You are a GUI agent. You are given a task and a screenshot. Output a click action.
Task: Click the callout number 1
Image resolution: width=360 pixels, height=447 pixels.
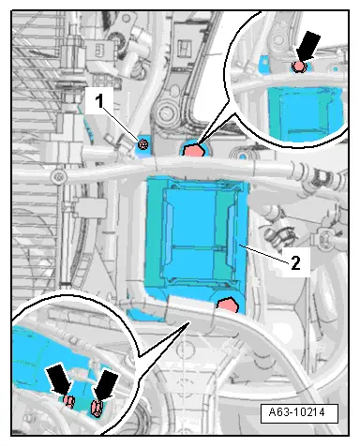point(99,101)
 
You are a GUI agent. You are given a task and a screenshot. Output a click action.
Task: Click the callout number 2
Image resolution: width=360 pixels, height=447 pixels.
point(295,262)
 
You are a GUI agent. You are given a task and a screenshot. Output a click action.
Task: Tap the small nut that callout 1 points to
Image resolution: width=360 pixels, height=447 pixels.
point(142,144)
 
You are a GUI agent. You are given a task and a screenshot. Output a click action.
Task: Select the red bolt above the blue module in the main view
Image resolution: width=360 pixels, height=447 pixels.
point(194,150)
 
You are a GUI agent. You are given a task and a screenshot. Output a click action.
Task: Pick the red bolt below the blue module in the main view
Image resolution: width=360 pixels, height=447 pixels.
point(229,305)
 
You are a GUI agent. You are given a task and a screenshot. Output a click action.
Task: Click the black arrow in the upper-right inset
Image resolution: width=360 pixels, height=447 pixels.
point(307,46)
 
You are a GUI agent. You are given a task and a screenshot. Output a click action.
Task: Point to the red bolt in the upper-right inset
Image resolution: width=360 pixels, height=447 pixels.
point(299,67)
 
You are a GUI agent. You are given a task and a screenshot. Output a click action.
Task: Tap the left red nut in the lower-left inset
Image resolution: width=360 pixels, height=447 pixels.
point(68,401)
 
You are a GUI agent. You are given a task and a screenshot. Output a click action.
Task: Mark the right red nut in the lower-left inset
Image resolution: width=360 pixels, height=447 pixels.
point(96,409)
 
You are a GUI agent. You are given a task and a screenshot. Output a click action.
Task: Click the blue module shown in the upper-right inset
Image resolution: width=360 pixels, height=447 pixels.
point(305,113)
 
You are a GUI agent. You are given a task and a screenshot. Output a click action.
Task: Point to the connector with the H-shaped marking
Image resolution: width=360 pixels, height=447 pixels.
point(184,47)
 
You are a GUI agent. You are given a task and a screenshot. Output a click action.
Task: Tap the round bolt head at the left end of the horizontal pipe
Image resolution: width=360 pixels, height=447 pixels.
point(58,176)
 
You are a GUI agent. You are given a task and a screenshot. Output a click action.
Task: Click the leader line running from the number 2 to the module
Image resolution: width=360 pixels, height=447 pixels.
point(263,254)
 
